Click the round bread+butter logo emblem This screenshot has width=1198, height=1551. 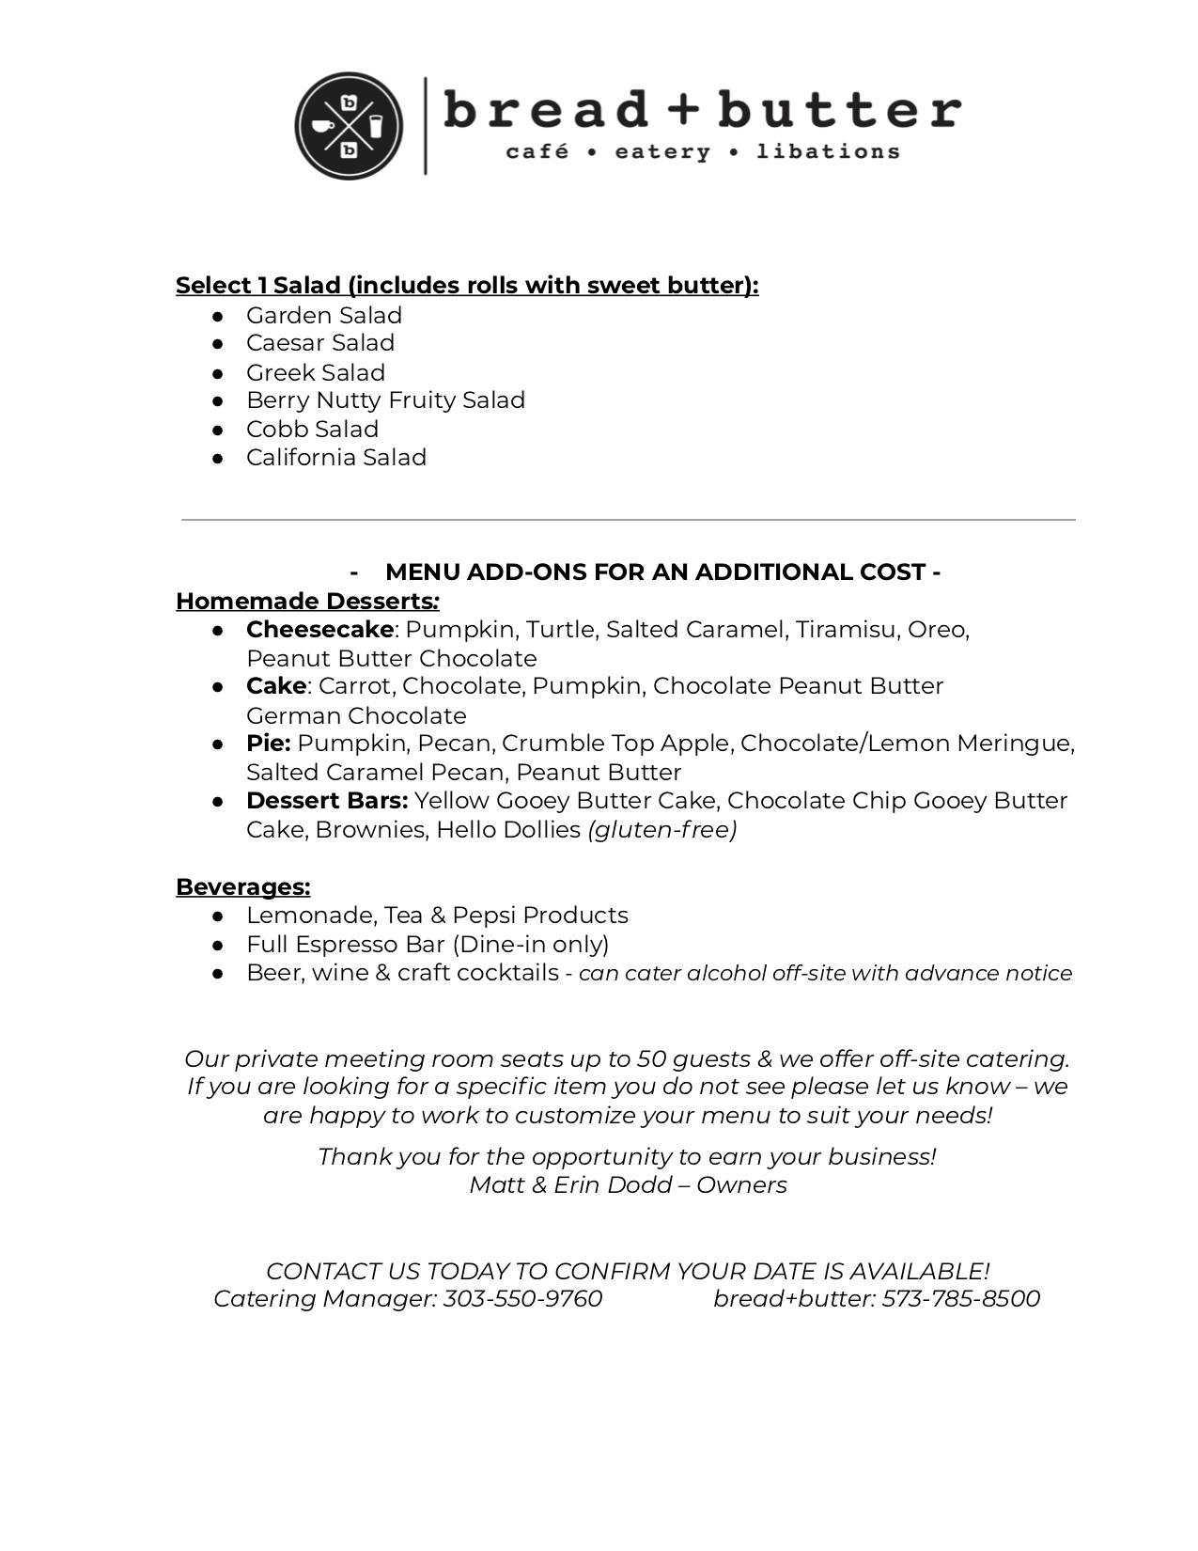[x=349, y=126]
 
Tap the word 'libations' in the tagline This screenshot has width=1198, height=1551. [x=828, y=151]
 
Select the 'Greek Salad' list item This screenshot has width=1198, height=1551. [x=315, y=372]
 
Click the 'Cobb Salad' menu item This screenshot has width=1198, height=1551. [x=312, y=430]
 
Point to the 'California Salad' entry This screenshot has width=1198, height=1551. [x=335, y=458]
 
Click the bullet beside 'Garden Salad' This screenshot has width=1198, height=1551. [x=218, y=316]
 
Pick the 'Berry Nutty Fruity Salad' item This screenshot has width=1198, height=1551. [x=385, y=400]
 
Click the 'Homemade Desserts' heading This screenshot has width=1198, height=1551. [x=306, y=601]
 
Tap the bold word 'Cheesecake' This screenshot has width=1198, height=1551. [x=319, y=629]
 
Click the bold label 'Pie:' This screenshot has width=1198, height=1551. [x=268, y=744]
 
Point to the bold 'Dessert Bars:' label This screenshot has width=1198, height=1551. [x=326, y=801]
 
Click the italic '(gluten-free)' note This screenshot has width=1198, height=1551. [x=661, y=830]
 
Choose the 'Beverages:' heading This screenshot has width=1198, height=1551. [x=242, y=887]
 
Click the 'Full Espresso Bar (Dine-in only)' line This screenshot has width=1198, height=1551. [x=427, y=945]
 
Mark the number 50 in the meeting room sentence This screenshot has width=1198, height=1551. [x=651, y=1059]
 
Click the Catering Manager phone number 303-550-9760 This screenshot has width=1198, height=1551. [x=521, y=1299]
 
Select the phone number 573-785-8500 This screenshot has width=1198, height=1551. [x=960, y=1299]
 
